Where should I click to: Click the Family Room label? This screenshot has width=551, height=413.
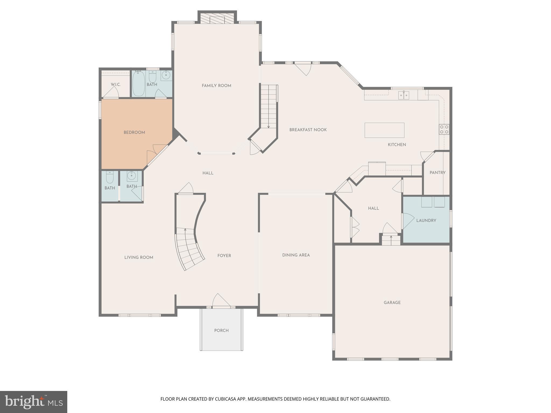coord(216,86)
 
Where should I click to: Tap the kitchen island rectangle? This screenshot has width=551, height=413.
coord(384,130)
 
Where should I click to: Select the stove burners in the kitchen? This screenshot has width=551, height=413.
coord(444,129)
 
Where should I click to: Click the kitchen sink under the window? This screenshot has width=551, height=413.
coord(404,95)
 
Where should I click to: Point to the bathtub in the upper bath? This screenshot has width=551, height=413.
coord(139,83)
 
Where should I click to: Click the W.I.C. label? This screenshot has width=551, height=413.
coord(116,84)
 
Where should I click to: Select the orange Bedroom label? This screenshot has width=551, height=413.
coord(134,132)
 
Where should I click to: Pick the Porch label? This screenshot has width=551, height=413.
coord(221,330)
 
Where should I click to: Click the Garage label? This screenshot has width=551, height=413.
coord(392,302)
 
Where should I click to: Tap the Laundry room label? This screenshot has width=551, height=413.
coord(426,220)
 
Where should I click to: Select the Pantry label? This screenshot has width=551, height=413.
coord(437,173)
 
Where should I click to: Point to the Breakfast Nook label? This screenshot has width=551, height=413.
coord(308,130)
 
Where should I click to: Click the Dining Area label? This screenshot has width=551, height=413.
coord(296,255)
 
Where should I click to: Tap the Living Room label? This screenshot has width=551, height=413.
coord(139,257)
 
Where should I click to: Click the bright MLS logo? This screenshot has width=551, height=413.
coord(34,402)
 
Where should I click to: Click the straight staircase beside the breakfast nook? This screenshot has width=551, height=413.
coord(269,106)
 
